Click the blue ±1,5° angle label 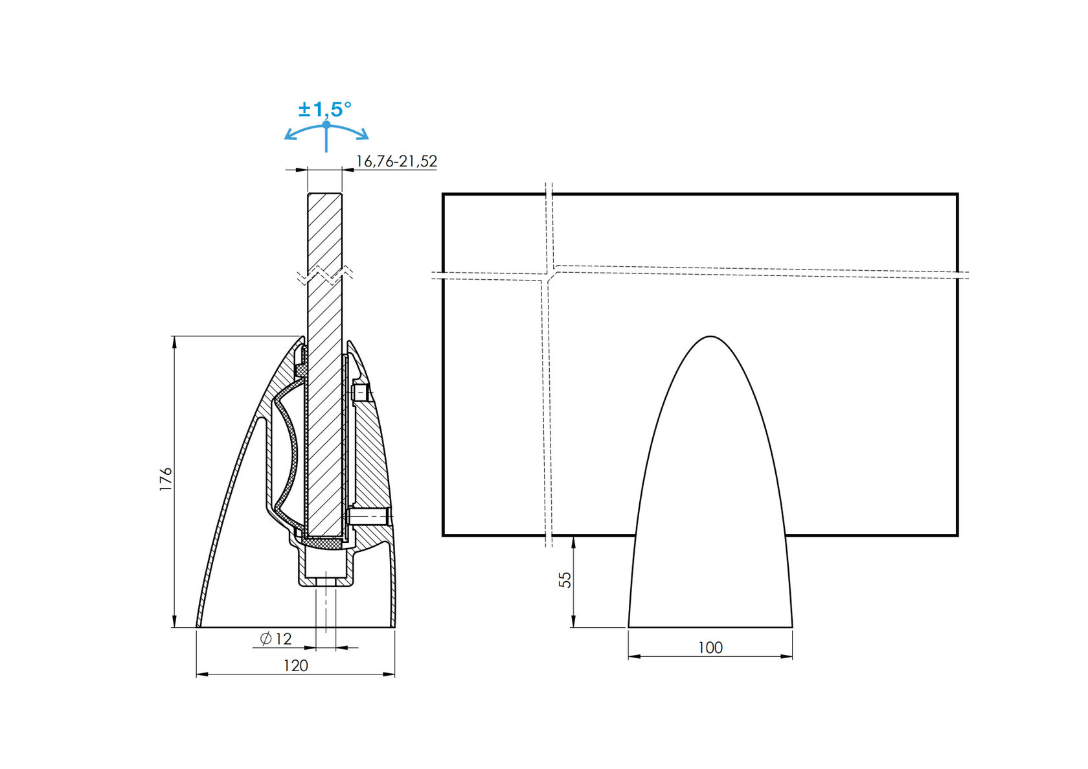325,109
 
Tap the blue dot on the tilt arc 326,124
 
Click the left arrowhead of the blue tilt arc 288,136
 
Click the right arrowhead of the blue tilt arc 365,136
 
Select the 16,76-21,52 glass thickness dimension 396,161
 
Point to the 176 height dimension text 166,479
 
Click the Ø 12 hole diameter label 276,639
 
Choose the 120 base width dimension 295,665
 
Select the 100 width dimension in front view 710,647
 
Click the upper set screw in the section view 360,393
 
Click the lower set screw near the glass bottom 367,516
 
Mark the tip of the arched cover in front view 710,337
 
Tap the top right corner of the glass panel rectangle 957,194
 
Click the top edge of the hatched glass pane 324,194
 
